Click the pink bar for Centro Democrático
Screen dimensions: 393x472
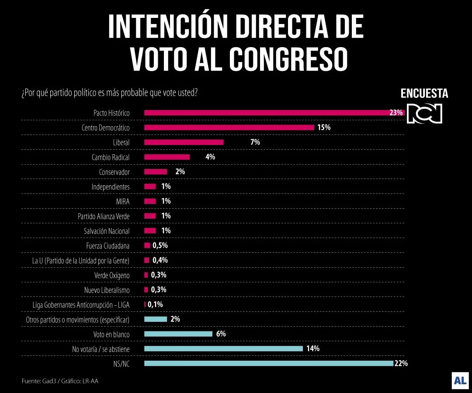(229, 128)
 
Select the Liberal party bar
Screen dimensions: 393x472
(184, 142)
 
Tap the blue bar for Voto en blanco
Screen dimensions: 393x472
(178, 334)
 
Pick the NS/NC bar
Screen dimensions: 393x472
(268, 363)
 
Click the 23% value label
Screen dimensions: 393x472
(396, 113)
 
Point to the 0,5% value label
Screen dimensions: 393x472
(160, 245)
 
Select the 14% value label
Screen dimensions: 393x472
(312, 348)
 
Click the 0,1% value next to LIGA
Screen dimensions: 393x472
(155, 304)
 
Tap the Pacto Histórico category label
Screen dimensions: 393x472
(111, 113)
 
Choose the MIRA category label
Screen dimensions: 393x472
(122, 201)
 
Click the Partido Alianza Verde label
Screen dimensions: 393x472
(104, 216)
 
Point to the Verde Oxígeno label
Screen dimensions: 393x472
(112, 275)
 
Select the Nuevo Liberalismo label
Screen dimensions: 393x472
(107, 290)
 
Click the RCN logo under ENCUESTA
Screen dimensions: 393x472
(424, 114)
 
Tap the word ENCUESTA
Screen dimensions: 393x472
(424, 93)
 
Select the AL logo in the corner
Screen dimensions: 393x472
(460, 380)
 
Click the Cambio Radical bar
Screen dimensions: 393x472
(167, 157)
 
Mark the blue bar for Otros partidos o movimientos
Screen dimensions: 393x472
(156, 319)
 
